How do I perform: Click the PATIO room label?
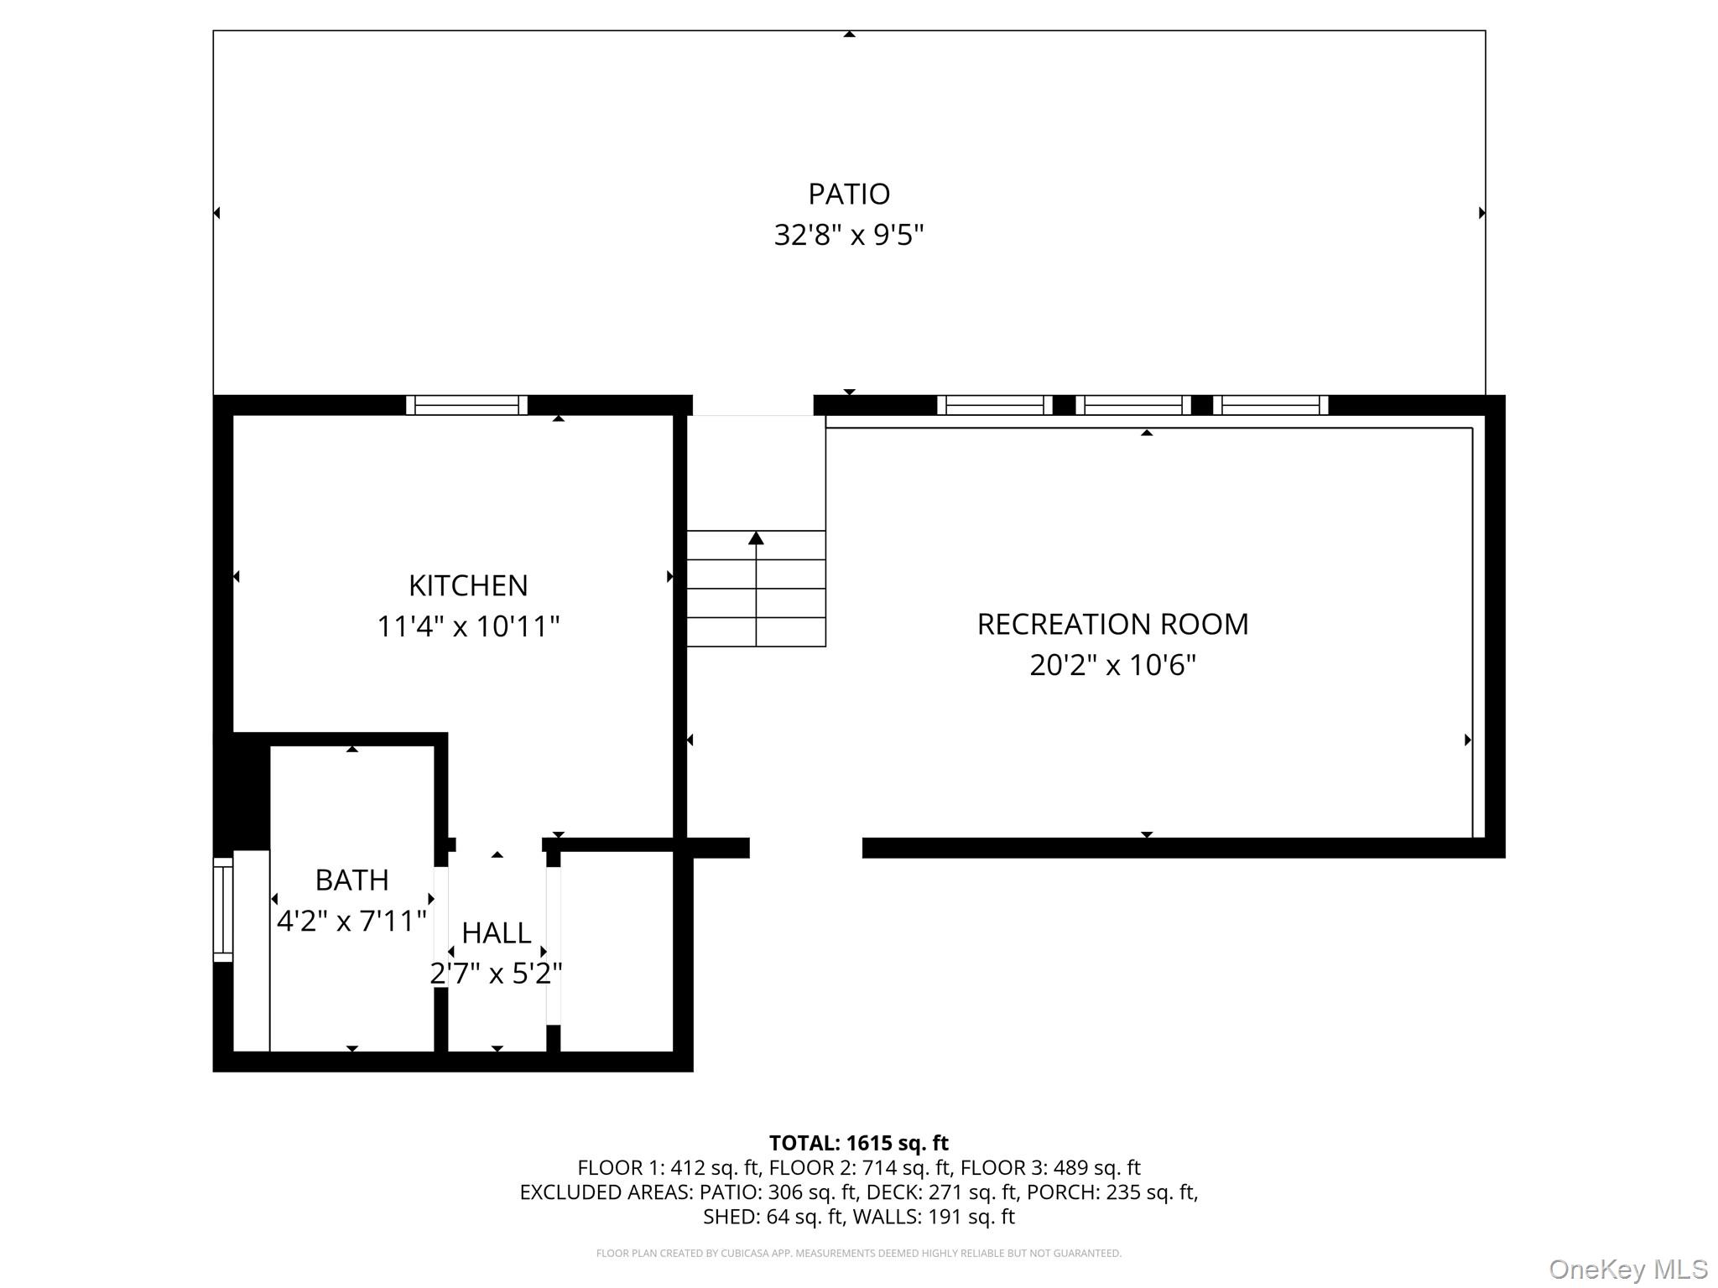848,194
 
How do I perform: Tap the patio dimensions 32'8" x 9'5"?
848,235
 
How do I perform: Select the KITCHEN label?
468,585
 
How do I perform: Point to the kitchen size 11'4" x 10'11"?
468,626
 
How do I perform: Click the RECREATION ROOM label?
1112,624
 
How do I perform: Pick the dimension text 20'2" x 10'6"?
1112,665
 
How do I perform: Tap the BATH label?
351,880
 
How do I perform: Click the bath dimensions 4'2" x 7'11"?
351,921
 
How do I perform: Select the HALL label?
496,932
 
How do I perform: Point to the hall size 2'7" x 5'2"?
496,974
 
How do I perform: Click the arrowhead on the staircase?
756,538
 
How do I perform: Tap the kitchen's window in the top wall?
466,405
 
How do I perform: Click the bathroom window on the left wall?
222,910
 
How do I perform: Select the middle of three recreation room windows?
1132,405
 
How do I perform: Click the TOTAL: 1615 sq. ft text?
858,1143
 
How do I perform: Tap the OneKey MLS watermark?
1627,1269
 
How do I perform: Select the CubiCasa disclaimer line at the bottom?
858,1253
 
